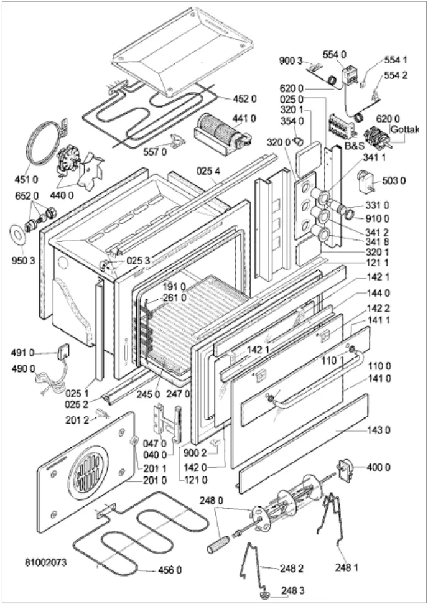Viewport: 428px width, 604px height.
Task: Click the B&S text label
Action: [355, 142]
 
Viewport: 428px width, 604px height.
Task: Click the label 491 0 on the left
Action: [23, 353]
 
